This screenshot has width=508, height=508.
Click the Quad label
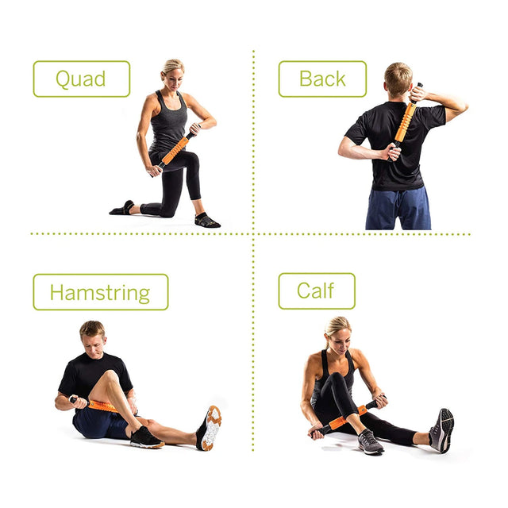(x=81, y=79)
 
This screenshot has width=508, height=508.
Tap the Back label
(x=322, y=79)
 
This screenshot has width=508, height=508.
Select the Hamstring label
(x=100, y=292)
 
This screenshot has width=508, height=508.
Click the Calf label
(x=316, y=291)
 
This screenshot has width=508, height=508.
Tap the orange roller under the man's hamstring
(x=101, y=406)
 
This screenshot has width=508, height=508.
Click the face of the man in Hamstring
(x=93, y=340)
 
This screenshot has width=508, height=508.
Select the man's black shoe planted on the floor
(x=146, y=437)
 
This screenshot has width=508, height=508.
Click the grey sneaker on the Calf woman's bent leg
(x=370, y=442)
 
